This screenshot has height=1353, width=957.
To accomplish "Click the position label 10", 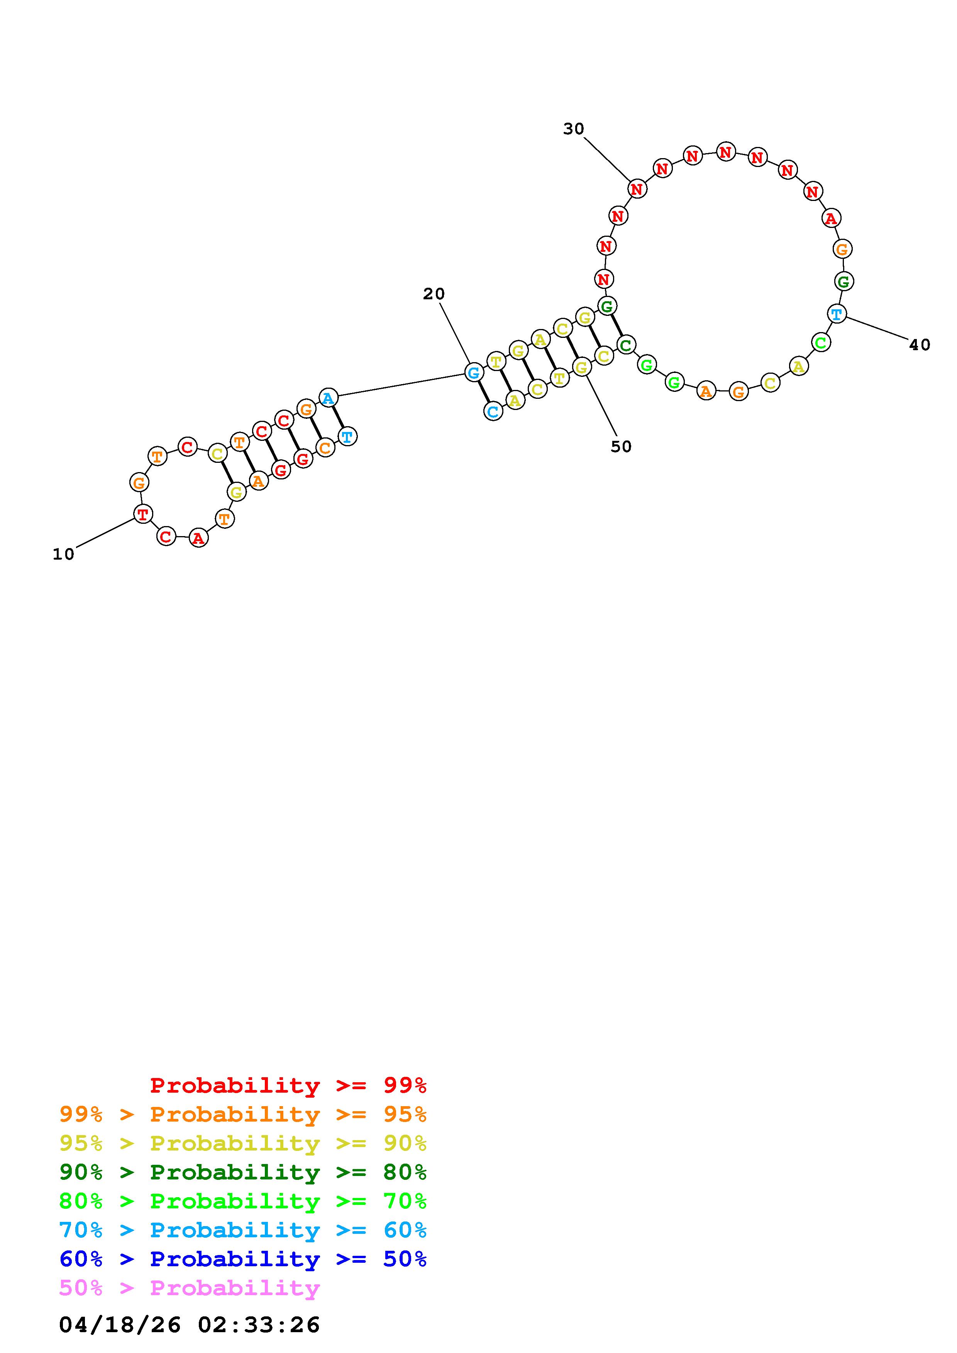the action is [64, 555].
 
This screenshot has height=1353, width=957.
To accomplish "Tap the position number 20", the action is [434, 294].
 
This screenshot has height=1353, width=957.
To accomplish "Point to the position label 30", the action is [574, 129].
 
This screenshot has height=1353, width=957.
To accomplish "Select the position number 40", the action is [920, 345].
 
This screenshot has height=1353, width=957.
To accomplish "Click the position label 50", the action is [621, 447].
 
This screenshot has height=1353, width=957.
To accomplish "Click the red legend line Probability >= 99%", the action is [288, 1085].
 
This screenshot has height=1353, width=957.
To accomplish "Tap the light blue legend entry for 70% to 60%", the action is [243, 1230].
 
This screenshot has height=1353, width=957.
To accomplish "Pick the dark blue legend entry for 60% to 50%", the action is [243, 1259].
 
